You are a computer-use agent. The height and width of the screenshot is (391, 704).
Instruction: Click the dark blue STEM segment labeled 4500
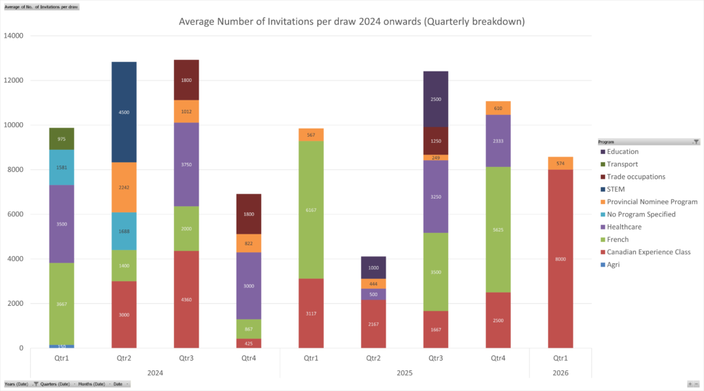[124, 112]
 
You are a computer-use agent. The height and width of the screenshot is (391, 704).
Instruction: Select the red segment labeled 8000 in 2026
[560, 258]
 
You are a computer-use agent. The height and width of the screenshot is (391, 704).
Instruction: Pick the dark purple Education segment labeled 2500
[436, 99]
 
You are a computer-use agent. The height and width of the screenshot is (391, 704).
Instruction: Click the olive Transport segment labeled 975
[61, 139]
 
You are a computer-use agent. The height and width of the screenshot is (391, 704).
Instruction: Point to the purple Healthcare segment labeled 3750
[186, 164]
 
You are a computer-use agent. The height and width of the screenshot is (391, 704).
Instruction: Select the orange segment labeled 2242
[124, 187]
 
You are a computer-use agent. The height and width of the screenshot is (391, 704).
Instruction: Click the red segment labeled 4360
[186, 299]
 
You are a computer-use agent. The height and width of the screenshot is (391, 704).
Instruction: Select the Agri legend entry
[613, 265]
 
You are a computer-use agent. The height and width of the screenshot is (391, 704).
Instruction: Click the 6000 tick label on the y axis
[15, 214]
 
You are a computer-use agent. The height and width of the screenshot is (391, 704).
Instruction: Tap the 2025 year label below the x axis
[404, 373]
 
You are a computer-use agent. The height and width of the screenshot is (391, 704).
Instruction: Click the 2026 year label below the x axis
[560, 373]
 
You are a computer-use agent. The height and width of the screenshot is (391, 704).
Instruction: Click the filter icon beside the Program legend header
[696, 142]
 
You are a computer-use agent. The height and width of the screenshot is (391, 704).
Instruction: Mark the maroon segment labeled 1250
[436, 141]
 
